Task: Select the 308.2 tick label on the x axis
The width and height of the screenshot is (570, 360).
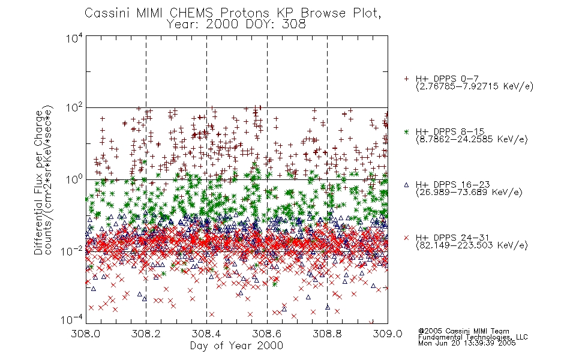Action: point(146,334)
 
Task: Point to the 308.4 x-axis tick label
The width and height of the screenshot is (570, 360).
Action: point(206,334)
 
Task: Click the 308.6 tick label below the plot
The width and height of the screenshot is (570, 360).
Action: point(267,334)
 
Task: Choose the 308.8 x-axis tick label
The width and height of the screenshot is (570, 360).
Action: point(327,334)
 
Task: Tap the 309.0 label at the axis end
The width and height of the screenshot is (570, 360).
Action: point(388,334)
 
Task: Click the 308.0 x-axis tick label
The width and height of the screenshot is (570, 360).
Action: point(85,334)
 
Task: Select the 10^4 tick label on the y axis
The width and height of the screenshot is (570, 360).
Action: point(74,38)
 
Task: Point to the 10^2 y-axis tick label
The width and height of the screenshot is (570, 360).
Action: point(74,109)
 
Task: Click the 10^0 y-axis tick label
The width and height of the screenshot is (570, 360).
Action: point(74,180)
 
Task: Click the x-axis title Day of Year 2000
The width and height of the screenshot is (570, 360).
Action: point(236,346)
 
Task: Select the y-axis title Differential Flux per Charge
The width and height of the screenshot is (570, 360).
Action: point(38,182)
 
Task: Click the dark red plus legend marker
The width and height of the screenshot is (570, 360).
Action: point(406,79)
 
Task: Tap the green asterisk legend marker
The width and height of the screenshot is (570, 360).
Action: point(406,131)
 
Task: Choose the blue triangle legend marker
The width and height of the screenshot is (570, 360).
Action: point(406,185)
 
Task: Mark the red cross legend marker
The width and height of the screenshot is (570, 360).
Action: point(406,238)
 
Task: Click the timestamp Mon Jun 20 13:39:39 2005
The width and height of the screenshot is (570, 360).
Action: point(467,343)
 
